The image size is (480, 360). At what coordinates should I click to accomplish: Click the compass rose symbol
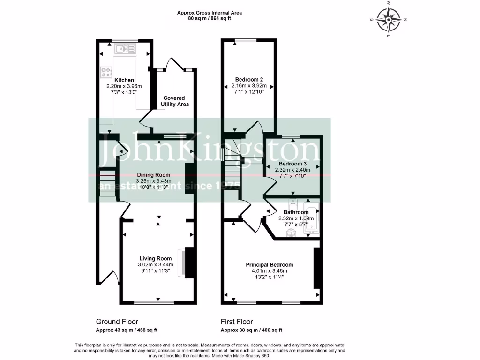(389, 19)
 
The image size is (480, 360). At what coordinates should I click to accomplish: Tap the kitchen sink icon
(125, 48)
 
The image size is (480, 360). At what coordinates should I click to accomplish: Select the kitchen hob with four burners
(106, 72)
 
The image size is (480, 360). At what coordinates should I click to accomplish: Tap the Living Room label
(155, 258)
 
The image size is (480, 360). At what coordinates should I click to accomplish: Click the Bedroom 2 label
(249, 79)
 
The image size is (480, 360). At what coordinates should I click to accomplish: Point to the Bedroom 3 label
(293, 164)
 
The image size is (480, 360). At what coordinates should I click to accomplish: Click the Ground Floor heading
(117, 322)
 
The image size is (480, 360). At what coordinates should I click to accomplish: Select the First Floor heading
(237, 322)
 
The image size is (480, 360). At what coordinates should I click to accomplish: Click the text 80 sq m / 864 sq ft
(210, 18)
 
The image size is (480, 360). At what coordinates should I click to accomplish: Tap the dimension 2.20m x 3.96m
(124, 86)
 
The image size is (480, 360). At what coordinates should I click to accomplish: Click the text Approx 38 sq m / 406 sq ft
(252, 330)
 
